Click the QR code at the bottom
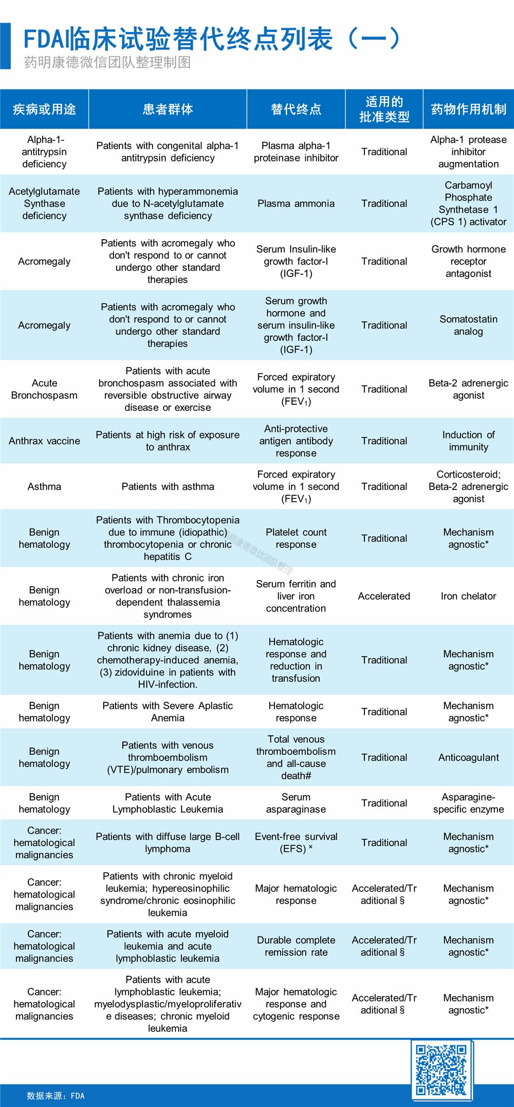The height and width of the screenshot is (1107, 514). point(441,1070)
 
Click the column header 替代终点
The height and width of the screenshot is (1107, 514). point(296,109)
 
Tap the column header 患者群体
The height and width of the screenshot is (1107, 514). point(168,109)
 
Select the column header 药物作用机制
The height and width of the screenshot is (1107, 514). point(468,109)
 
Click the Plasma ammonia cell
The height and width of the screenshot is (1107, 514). point(296,204)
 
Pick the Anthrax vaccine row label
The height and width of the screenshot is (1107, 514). point(44,441)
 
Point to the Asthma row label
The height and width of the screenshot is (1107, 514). point(44,486)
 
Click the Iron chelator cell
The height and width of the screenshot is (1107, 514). point(468,596)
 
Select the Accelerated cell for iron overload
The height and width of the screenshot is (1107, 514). point(384,596)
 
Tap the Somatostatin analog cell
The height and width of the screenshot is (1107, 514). point(468,325)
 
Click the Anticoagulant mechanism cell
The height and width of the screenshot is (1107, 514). point(468,757)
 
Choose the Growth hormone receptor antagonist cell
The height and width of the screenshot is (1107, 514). point(468,261)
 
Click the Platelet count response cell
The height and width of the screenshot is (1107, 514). point(296,538)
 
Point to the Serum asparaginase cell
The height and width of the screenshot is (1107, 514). point(296,803)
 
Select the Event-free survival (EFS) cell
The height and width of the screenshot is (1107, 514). point(296,843)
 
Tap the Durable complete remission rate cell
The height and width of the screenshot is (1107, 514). point(296,946)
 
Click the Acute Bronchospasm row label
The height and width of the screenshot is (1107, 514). point(44,389)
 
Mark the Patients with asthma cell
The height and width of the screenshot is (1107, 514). point(168,486)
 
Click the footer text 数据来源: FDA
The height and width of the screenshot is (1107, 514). point(56,1096)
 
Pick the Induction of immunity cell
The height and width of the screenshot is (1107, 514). point(468,441)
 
